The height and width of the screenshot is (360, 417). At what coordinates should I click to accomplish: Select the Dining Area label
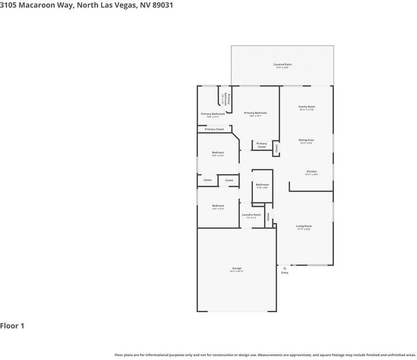click(x=306, y=141)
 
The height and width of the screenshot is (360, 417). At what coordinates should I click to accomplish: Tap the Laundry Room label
click(x=251, y=215)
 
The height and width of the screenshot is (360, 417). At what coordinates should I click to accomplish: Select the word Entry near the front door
click(x=285, y=273)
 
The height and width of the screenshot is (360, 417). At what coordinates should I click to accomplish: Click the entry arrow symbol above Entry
click(x=285, y=268)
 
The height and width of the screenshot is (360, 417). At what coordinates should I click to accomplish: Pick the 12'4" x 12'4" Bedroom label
click(x=218, y=153)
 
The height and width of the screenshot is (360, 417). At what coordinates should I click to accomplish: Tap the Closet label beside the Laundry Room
click(x=268, y=217)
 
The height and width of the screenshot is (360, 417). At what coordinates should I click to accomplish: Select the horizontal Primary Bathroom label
click(x=213, y=114)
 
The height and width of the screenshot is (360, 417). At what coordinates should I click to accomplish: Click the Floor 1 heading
click(x=12, y=326)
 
